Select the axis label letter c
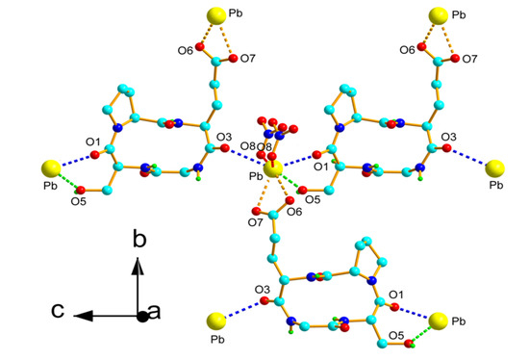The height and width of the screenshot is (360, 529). coord(59,311)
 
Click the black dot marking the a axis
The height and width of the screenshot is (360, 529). coord(142,315)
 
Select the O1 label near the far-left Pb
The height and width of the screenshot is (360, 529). coord(92,142)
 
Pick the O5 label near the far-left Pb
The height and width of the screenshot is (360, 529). coord(79,202)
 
